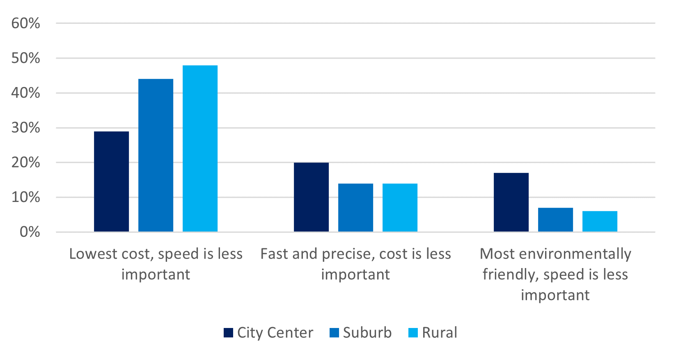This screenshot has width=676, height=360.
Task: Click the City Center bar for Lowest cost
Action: click(x=111, y=181)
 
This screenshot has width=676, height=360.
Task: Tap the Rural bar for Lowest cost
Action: click(x=200, y=149)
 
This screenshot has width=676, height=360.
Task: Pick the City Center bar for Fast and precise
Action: click(x=311, y=197)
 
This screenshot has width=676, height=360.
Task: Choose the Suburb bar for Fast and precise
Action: click(x=355, y=208)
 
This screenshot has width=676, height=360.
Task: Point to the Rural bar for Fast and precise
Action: click(x=400, y=208)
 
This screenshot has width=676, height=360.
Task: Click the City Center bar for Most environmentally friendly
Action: click(x=511, y=202)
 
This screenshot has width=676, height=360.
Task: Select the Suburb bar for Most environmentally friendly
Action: click(x=555, y=220)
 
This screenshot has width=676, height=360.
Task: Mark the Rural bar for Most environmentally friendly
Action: click(x=600, y=221)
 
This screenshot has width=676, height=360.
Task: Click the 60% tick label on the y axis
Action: click(x=26, y=23)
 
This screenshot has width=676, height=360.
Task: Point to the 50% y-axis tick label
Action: click(x=26, y=58)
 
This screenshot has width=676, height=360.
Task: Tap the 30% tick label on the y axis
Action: click(x=26, y=128)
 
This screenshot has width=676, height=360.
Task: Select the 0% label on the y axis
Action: click(x=30, y=232)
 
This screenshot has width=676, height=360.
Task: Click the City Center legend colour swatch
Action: click(x=228, y=332)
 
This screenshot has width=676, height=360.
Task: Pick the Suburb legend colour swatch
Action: click(x=334, y=332)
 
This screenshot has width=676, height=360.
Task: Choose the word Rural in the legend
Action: click(x=439, y=332)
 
